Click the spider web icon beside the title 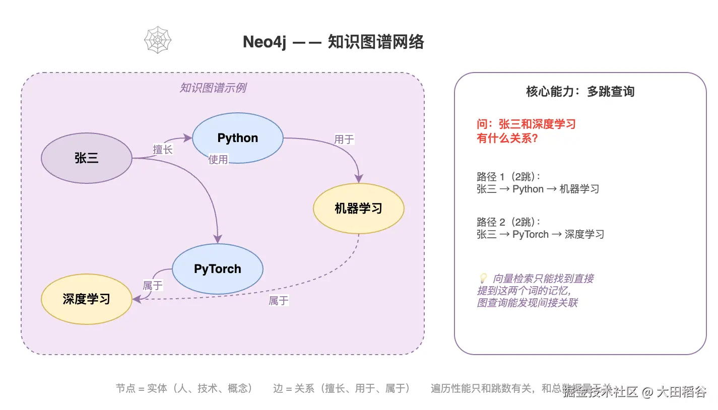(x=158, y=40)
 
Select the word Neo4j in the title (x=265, y=42)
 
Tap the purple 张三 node (x=86, y=158)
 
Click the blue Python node (x=237, y=138)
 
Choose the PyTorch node (x=217, y=269)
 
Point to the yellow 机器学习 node (x=358, y=209)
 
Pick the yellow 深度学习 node (x=86, y=299)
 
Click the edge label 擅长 (x=163, y=149)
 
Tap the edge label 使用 (x=218, y=160)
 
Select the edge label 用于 (x=344, y=139)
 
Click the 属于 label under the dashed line (x=278, y=301)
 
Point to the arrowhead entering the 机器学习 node (x=359, y=178)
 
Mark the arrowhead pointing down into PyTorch (x=217, y=239)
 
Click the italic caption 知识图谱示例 (x=213, y=88)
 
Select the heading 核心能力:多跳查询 (x=580, y=92)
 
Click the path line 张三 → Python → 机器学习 (x=538, y=189)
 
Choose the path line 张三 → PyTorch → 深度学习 (x=540, y=234)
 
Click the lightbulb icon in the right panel (x=482, y=278)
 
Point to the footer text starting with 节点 (x=184, y=388)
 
